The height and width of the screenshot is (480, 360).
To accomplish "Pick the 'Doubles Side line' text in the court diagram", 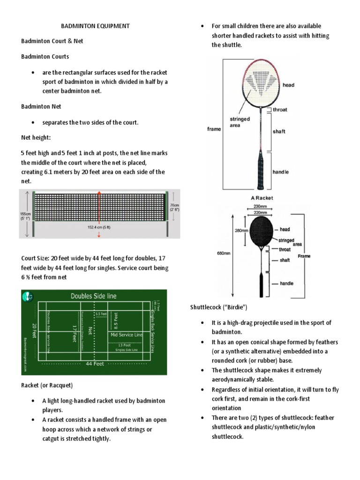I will [93, 296].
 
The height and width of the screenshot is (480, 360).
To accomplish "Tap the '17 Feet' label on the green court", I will [74, 331].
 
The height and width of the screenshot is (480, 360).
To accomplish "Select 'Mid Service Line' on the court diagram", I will [127, 335].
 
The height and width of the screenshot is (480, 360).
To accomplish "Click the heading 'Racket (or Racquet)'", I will [47, 385].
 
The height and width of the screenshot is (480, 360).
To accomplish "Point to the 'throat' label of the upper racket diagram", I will [280, 110].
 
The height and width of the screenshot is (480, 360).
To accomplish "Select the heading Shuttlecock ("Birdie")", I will [218, 307].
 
